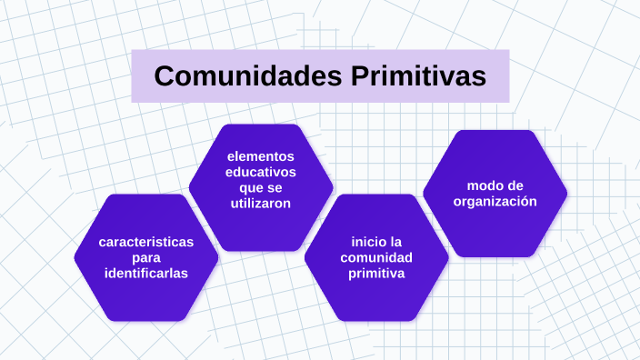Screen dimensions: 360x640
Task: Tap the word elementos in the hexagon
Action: pos(261,156)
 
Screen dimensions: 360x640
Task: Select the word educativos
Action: pos(261,172)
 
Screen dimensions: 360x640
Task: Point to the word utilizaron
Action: pos(261,204)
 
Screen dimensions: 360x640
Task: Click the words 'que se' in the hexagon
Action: pos(261,187)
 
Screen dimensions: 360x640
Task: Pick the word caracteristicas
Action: pos(146,242)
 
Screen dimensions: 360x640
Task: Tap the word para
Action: pos(146,257)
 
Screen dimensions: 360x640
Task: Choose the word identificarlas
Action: pos(146,273)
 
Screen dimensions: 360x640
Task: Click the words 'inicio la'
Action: pos(376,242)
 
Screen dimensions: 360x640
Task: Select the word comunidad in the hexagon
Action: pos(376,257)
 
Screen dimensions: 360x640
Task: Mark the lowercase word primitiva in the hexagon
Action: pos(376,273)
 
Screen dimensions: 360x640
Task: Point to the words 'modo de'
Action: pos(495,185)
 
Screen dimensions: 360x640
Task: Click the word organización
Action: pos(495,201)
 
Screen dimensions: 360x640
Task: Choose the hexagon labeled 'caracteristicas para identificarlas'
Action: pos(146,295)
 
